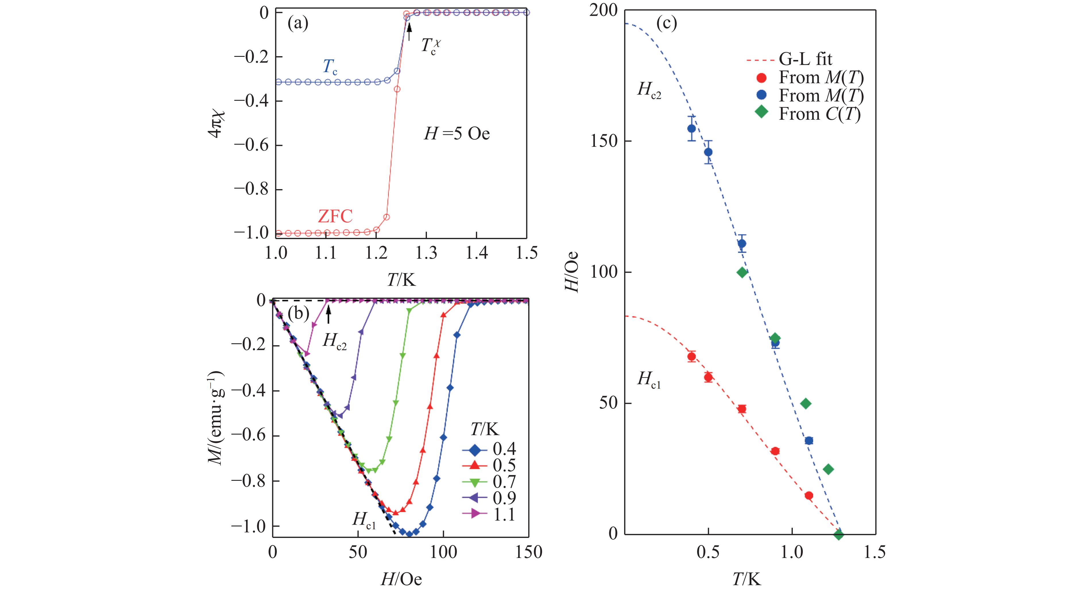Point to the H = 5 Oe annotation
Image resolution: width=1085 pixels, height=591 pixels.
pyautogui.click(x=457, y=134)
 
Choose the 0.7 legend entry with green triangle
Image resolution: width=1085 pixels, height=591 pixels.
pyautogui.click(x=489, y=481)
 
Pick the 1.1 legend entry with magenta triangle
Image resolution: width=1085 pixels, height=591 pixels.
pyautogui.click(x=489, y=514)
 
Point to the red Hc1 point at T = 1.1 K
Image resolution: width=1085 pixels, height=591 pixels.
pyautogui.click(x=809, y=495)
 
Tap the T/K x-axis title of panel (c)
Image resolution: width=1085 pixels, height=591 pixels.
pyautogui.click(x=746, y=580)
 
